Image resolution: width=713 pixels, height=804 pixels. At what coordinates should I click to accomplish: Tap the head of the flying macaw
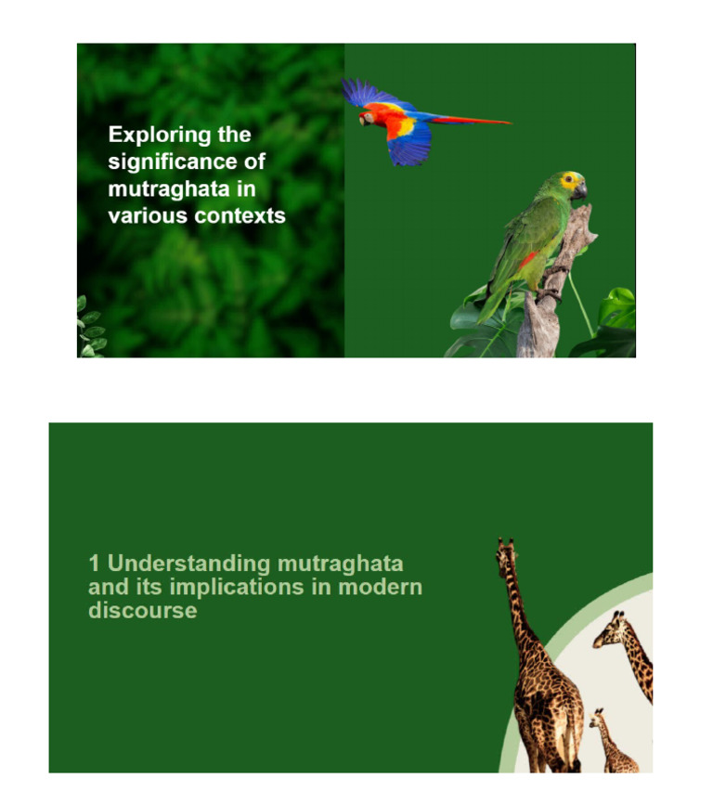368,116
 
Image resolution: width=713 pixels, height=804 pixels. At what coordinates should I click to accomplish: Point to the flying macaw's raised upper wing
371,92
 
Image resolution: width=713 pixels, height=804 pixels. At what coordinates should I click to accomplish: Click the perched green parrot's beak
580,190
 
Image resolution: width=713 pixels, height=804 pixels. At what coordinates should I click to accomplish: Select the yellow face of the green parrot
569,180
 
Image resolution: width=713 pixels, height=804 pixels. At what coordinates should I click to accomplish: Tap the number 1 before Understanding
94,564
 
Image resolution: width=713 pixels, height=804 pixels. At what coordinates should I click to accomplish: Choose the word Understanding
181,564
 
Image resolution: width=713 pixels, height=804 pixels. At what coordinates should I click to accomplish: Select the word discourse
142,611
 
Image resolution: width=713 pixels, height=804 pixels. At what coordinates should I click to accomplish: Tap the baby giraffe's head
596,716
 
